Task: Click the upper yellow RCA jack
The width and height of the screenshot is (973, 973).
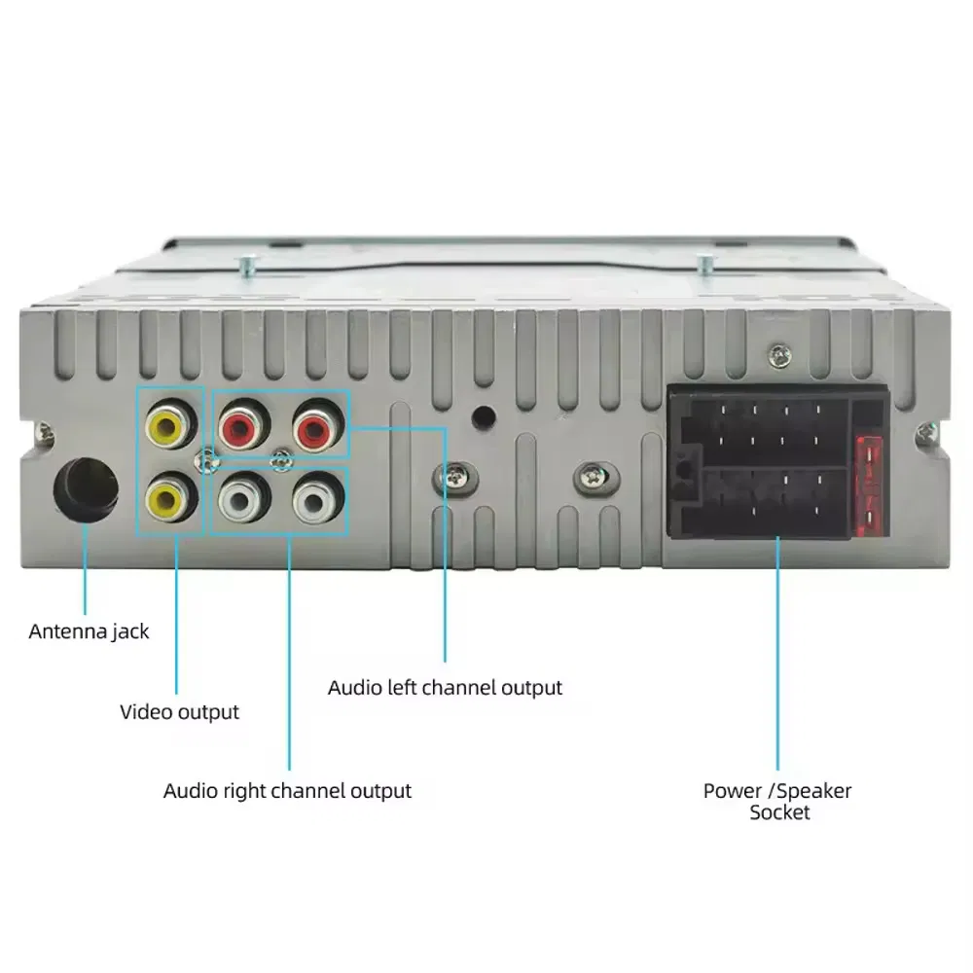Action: tap(169, 424)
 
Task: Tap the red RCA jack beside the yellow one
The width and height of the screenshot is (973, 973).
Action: tap(242, 425)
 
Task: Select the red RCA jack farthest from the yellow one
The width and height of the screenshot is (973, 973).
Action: tap(316, 426)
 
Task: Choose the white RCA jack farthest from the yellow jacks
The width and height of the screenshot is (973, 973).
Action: tap(317, 497)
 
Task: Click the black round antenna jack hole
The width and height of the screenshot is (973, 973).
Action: tap(86, 489)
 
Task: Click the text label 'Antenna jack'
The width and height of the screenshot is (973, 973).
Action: tap(89, 631)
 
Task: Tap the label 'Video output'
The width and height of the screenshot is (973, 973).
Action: tap(179, 712)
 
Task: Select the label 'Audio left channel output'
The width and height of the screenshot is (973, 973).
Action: tap(445, 688)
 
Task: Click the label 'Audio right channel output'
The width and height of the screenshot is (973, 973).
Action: tap(287, 790)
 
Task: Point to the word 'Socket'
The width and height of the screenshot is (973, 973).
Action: tap(779, 812)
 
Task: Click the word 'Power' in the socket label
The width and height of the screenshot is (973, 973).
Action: tap(733, 790)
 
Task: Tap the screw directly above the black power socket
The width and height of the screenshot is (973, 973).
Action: tap(779, 355)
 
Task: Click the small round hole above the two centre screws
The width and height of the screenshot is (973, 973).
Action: tap(484, 416)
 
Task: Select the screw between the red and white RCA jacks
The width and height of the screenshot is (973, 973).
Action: tap(282, 460)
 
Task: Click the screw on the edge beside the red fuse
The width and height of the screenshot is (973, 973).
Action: tap(926, 430)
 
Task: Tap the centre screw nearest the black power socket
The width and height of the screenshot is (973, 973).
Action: tap(595, 477)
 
